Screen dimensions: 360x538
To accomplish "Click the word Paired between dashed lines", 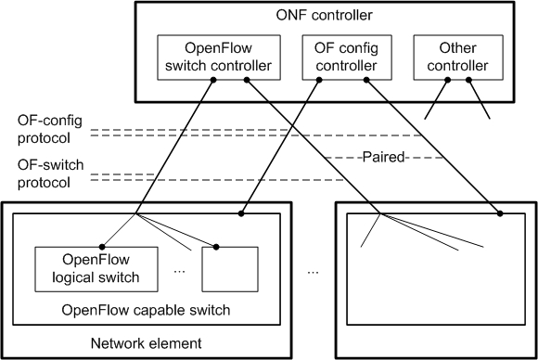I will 383,157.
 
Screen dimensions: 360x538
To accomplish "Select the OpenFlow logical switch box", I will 86,267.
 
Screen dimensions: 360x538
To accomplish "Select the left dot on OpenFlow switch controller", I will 213,81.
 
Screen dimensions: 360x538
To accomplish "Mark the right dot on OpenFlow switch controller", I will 247,81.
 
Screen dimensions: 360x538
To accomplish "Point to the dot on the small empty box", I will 218,248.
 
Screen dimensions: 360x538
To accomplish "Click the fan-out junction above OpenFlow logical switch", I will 136,214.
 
